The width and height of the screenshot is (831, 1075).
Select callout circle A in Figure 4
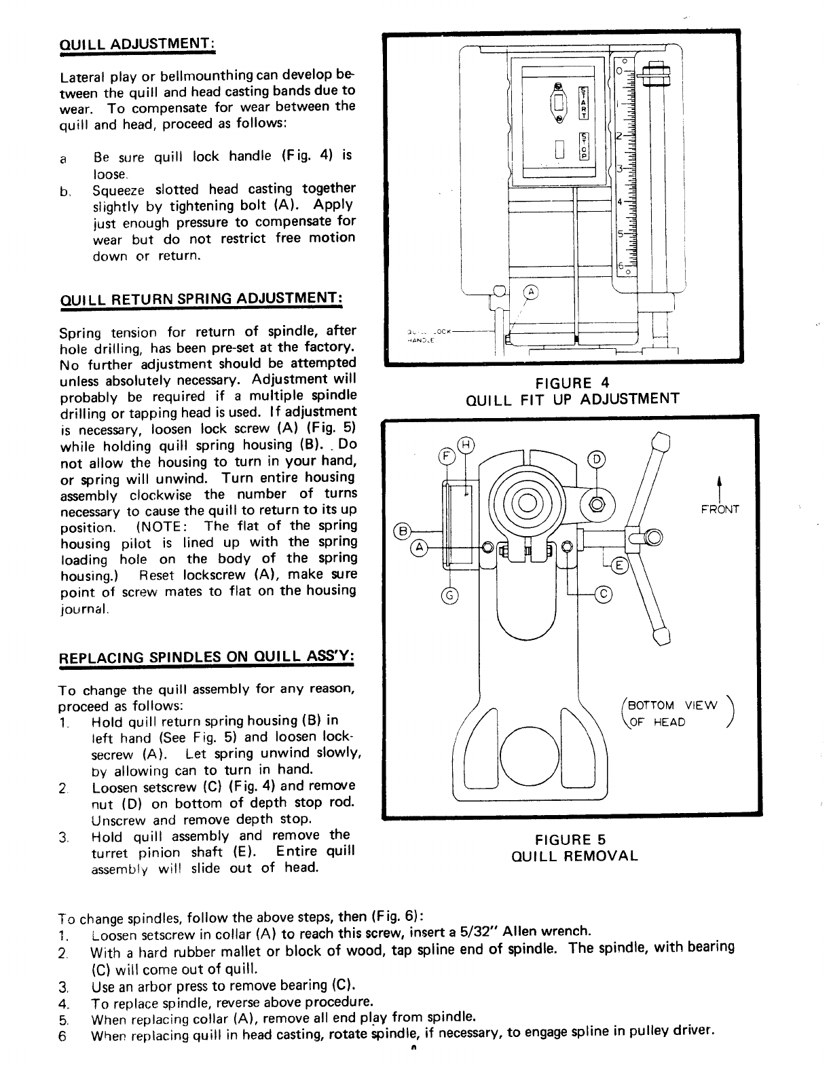tap(532, 293)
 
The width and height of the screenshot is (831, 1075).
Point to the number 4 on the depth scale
tap(619, 202)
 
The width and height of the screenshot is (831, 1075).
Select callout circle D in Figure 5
tap(597, 459)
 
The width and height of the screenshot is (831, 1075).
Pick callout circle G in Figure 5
tap(448, 596)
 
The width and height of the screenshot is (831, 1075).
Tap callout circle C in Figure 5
tap(603, 595)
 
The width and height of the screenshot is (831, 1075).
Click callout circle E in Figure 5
tap(621, 565)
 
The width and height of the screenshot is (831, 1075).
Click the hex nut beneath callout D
tap(598, 505)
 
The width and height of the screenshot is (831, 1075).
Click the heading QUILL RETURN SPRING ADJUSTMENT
tap(201, 299)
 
